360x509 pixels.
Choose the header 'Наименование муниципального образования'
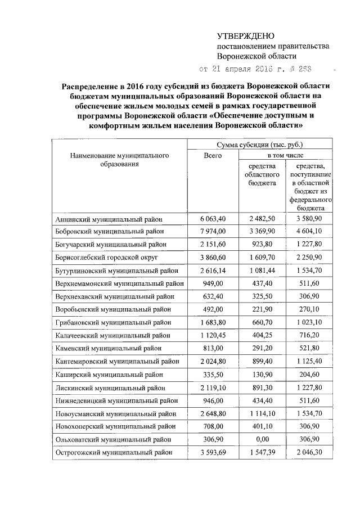[119, 160]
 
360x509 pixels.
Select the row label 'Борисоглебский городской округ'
[106, 256]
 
